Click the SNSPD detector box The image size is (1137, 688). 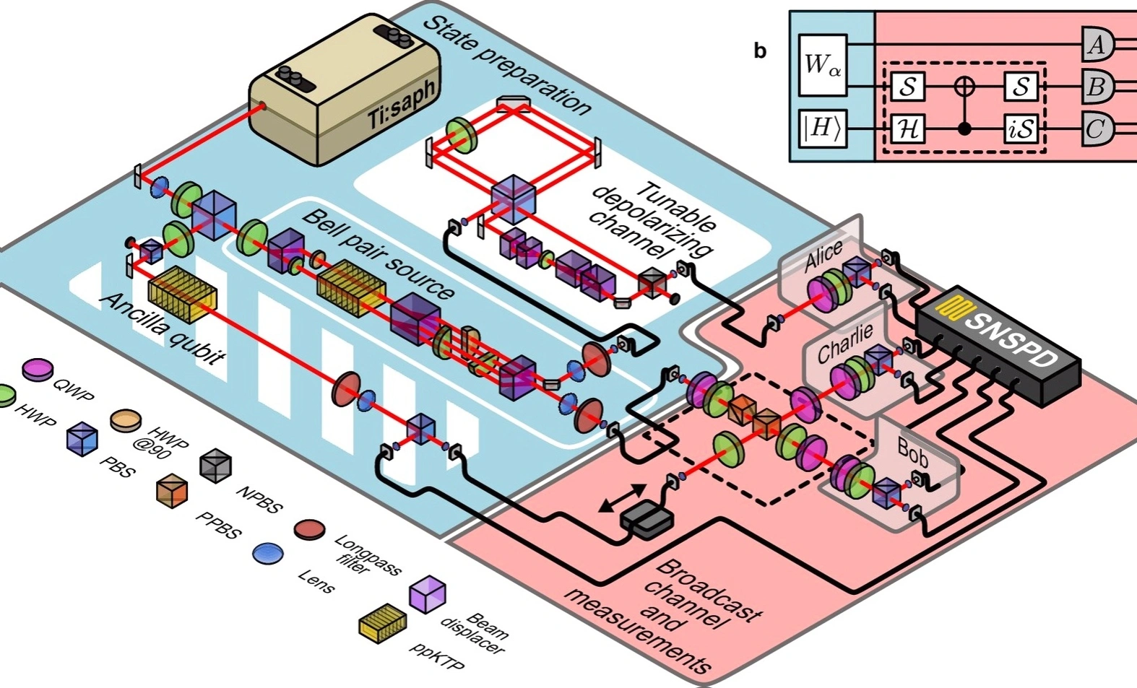pos(998,344)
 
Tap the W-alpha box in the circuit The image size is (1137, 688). pos(823,65)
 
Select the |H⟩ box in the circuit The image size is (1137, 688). pos(823,129)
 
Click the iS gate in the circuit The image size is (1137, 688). pos(1020,129)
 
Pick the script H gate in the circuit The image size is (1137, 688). pos(908,129)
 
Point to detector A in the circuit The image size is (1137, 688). pos(1097,45)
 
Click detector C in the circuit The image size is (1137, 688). pos(1097,129)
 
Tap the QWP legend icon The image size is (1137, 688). pos(38,369)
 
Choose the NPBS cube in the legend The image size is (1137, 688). pos(215,466)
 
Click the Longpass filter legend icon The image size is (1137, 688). pos(309,530)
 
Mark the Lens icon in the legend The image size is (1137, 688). pos(268,554)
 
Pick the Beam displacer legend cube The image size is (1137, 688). pos(427,594)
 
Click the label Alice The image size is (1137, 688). pos(823,256)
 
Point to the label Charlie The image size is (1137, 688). pos(845,344)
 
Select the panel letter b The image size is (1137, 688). pos(760,51)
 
